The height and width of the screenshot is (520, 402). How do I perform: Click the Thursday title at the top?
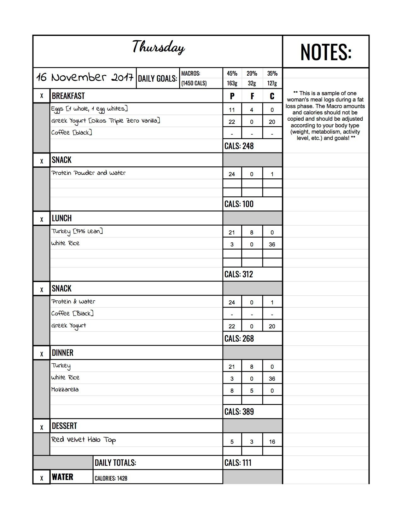[158, 48]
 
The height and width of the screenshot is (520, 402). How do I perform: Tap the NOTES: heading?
[326, 52]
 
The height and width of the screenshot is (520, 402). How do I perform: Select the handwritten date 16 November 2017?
[84, 78]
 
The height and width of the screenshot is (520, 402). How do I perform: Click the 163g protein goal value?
[232, 83]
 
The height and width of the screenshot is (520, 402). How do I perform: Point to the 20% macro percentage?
[252, 73]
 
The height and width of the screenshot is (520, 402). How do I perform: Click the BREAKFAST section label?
[68, 96]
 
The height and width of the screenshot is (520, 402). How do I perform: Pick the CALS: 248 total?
[239, 146]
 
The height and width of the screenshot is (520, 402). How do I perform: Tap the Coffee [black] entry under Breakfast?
[72, 133]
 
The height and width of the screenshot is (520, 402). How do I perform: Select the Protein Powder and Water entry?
[89, 173]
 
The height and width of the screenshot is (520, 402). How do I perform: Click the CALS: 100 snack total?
[239, 204]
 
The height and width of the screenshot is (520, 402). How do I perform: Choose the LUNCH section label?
[62, 218]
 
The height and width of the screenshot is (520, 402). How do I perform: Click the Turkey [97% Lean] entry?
[77, 232]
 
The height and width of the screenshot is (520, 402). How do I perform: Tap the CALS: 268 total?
[239, 338]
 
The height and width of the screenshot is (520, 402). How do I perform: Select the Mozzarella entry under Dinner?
[65, 390]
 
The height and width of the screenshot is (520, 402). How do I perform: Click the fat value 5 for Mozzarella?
[252, 391]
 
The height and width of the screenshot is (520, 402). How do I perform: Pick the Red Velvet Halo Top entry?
[84, 440]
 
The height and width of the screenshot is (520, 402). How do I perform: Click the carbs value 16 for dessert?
[272, 442]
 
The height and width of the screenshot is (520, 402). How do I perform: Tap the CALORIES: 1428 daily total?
[111, 478]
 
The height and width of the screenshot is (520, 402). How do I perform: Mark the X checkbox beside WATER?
[42, 478]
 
